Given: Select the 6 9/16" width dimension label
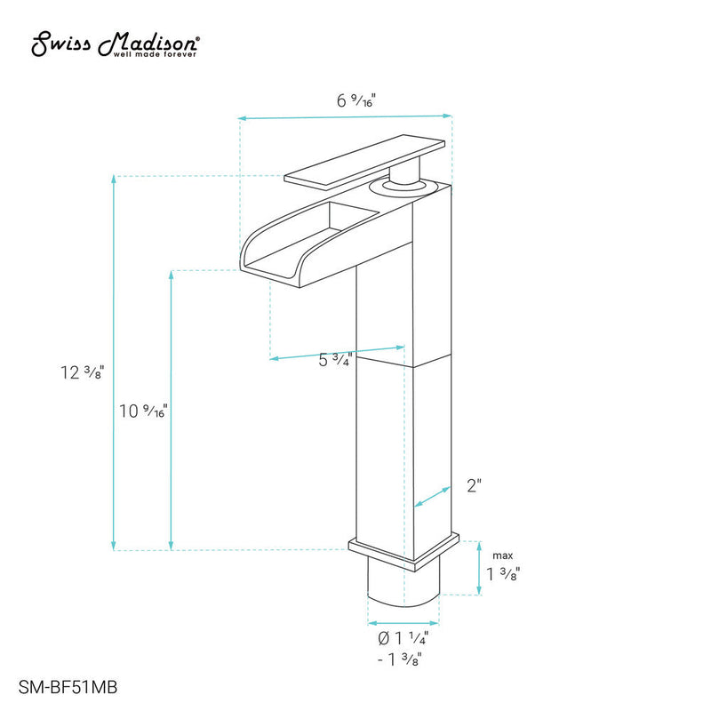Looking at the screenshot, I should (x=355, y=100).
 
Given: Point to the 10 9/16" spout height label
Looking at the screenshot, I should (x=143, y=411).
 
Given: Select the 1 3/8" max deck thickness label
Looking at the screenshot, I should (x=502, y=574).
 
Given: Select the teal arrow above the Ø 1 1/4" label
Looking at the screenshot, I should (x=404, y=622).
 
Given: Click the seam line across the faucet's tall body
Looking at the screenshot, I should (x=404, y=362).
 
